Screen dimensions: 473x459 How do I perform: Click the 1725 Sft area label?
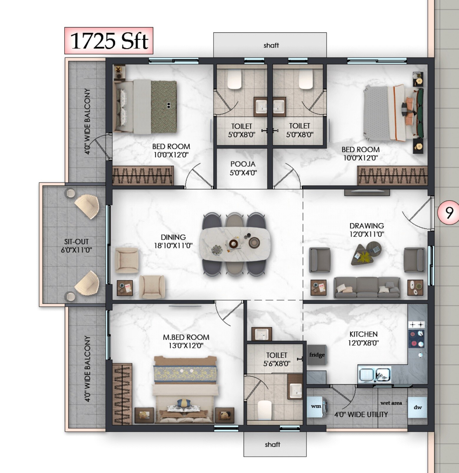point(109,41)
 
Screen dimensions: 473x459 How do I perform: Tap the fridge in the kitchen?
point(317,355)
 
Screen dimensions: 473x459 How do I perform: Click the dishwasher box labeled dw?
point(417,408)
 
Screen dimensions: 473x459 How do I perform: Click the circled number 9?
point(449,212)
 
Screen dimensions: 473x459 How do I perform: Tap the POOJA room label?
point(243,164)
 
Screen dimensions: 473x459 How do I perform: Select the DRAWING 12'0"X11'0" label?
point(366,230)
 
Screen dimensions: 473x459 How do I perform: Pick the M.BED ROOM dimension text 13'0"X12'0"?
point(186,346)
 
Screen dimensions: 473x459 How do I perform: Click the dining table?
point(235,245)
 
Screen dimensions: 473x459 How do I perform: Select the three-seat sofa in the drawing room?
point(367,287)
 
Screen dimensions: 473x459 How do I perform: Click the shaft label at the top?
point(271,45)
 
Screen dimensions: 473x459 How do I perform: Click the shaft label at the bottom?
point(272,444)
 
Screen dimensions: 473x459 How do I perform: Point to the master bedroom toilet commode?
point(264,410)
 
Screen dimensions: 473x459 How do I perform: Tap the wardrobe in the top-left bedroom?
point(143,175)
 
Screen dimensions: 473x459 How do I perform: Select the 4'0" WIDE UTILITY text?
point(361,414)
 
